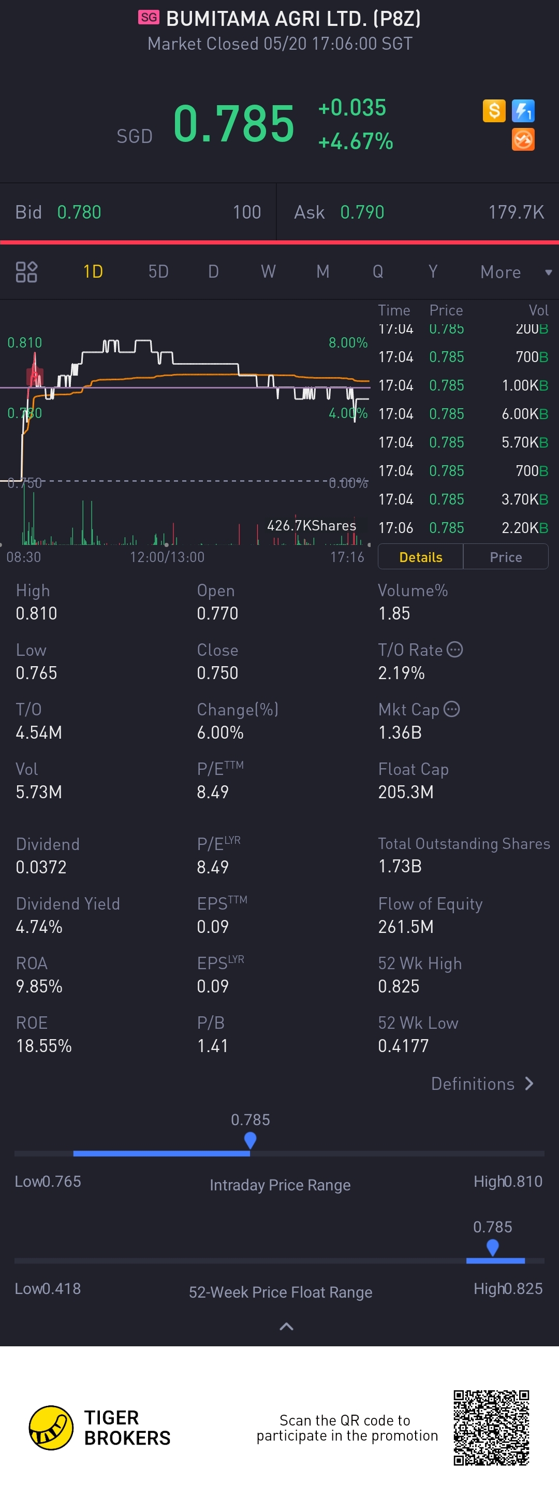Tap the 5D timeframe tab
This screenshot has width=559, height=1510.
click(x=158, y=271)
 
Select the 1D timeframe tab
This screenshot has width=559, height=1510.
click(x=93, y=271)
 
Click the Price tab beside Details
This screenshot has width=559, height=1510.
click(x=506, y=557)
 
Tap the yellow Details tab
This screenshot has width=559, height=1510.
click(x=421, y=557)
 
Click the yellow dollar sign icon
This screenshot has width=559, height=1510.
click(x=494, y=111)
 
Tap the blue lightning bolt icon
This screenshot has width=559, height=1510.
click(x=523, y=111)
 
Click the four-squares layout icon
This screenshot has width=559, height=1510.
click(x=26, y=272)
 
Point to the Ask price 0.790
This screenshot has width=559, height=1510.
click(x=362, y=212)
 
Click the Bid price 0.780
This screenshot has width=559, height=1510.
click(x=79, y=212)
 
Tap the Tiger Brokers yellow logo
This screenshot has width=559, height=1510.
click(x=51, y=1427)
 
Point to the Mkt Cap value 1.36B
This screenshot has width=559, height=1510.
click(x=400, y=732)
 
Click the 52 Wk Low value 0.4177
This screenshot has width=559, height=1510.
click(x=403, y=1046)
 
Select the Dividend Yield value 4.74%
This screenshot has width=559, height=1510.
click(x=39, y=927)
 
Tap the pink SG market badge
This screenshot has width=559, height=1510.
click(x=149, y=17)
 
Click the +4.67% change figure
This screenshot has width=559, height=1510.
click(x=355, y=141)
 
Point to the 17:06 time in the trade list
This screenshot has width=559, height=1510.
click(x=395, y=527)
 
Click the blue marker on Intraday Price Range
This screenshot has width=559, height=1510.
click(x=250, y=1140)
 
